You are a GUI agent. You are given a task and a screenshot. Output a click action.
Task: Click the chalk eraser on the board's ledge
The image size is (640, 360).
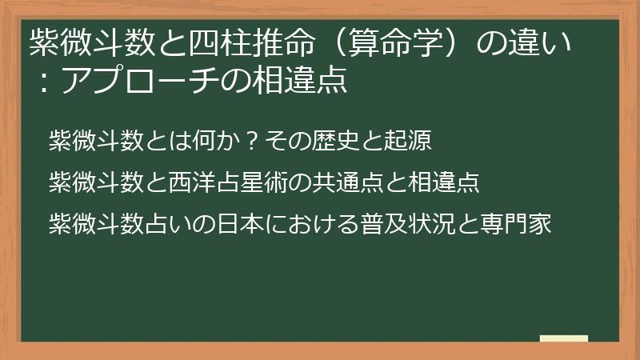563,338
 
